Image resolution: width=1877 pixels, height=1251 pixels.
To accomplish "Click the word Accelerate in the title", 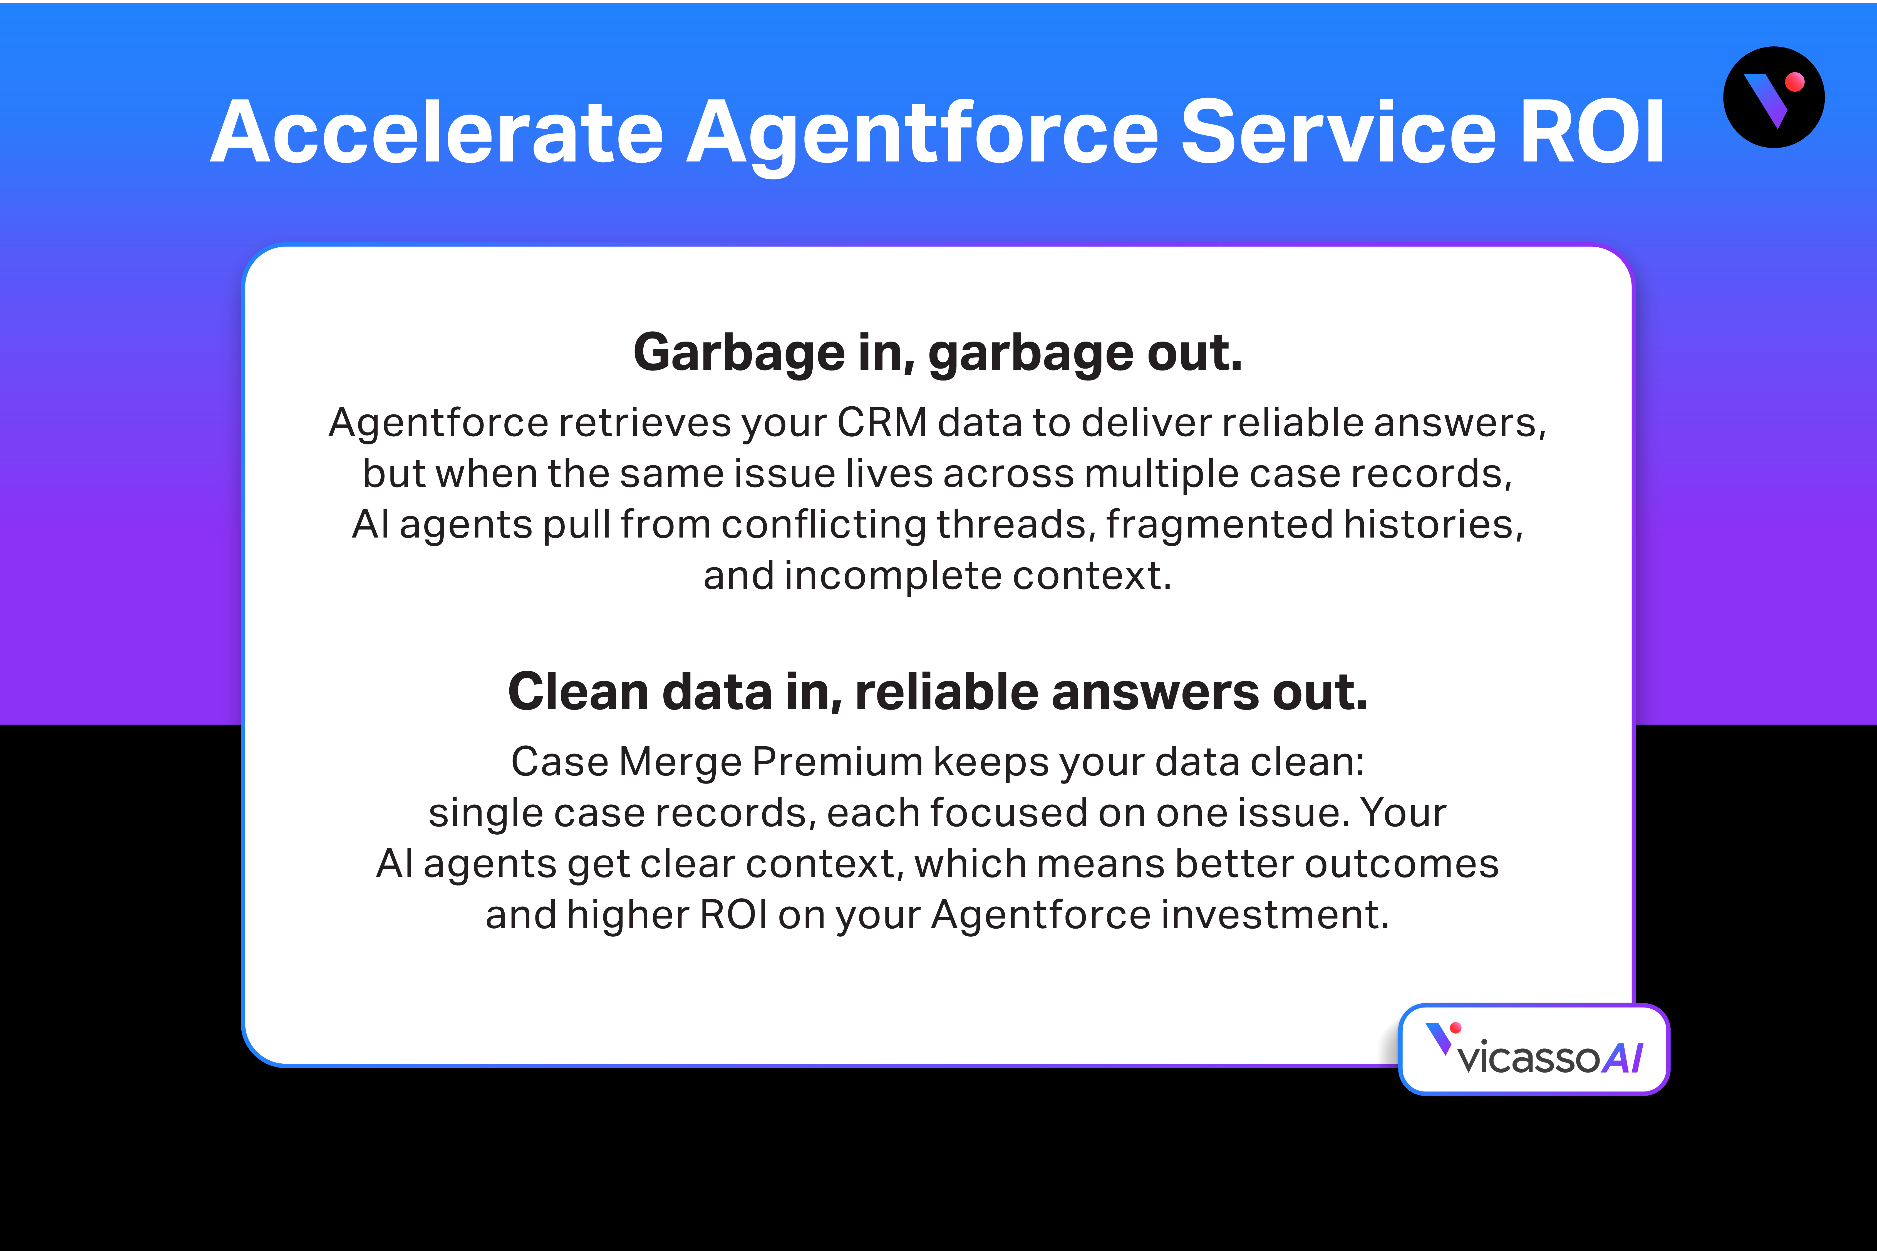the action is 437,132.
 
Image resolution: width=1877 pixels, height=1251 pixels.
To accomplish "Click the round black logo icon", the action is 1773,97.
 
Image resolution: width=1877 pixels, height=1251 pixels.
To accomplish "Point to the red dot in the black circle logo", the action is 1795,82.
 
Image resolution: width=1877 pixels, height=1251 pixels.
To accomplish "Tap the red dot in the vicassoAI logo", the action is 1456,1028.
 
